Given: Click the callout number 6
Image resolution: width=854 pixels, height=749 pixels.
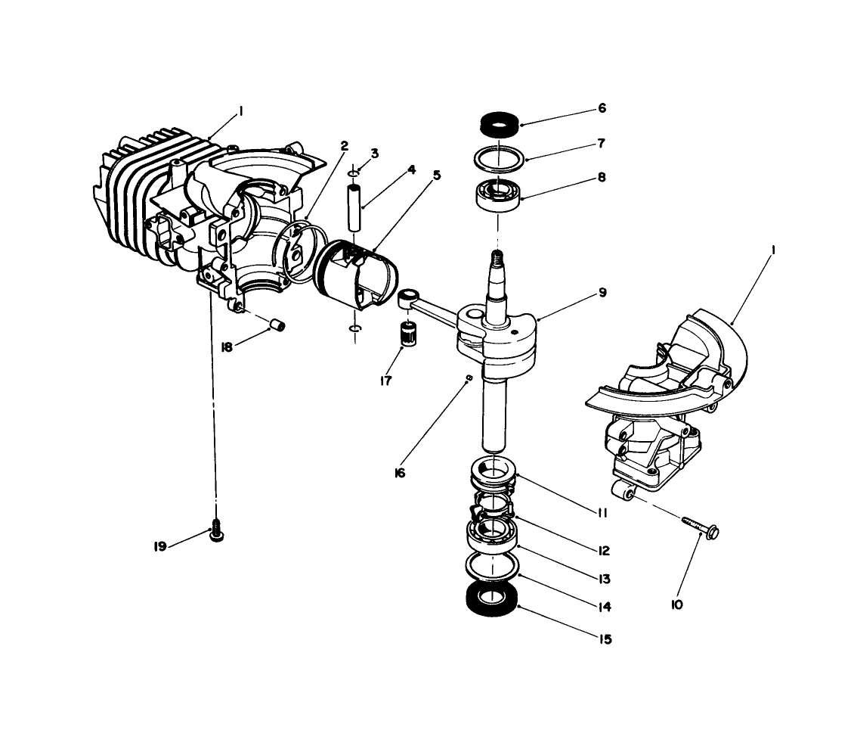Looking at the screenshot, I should (x=602, y=108).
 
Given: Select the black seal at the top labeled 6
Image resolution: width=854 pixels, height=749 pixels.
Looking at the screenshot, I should (x=498, y=122).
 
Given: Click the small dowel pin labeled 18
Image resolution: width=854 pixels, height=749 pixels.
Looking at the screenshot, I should (x=278, y=325).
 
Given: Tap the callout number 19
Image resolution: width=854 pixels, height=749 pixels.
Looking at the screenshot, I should (x=160, y=545).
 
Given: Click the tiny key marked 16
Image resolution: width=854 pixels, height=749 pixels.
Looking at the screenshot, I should (x=469, y=377).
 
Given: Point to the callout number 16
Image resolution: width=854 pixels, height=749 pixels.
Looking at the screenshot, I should (x=400, y=473).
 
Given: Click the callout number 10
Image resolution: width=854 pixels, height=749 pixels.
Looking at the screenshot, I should (x=676, y=604).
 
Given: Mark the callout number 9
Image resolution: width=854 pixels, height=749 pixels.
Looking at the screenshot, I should (x=602, y=292).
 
